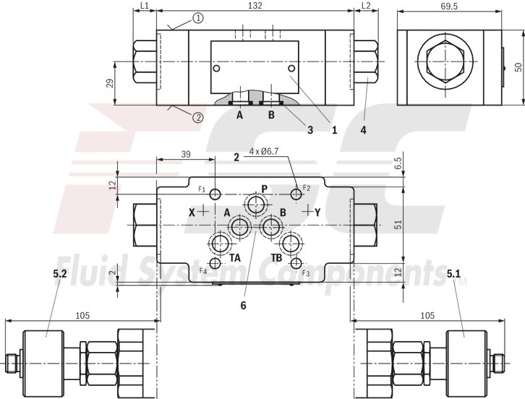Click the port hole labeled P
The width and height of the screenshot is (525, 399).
[x=255, y=205]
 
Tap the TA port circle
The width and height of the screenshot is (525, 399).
[x=220, y=243]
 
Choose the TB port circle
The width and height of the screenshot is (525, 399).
[x=291, y=243]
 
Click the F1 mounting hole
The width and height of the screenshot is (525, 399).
[x=215, y=193]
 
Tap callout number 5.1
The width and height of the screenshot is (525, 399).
[x=453, y=274]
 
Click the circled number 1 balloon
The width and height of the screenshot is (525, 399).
[x=198, y=17]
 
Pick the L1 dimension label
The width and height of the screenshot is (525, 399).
[x=144, y=6]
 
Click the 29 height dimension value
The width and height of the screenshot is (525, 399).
[x=108, y=82]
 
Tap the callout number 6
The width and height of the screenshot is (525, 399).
[x=243, y=305]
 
